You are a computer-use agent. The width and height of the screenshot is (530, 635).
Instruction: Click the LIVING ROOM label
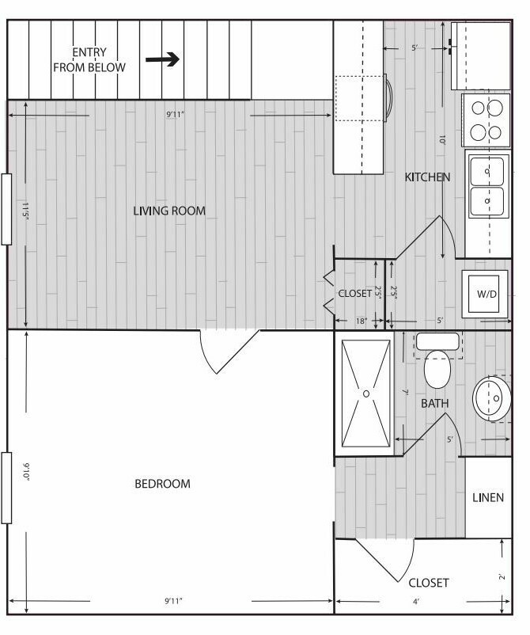[169, 211]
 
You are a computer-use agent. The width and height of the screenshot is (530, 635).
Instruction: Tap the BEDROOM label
[162, 484]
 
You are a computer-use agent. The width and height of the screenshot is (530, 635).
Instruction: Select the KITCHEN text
[427, 177]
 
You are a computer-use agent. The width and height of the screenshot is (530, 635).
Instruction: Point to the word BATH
[434, 403]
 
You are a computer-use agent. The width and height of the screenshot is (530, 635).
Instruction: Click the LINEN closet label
[488, 497]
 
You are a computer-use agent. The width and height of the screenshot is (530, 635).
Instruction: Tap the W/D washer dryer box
[486, 294]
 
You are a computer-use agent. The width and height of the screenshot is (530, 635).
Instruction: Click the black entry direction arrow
[162, 59]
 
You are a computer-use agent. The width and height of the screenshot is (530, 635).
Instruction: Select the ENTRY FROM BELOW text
[89, 59]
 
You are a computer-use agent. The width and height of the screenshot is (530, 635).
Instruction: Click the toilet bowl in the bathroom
[437, 368]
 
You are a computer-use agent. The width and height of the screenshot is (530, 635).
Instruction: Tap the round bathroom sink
[491, 399]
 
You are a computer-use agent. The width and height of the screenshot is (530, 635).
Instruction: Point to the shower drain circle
[366, 394]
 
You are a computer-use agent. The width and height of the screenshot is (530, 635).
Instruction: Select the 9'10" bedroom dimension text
[26, 471]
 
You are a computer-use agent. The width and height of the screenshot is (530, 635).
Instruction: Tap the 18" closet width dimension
[362, 321]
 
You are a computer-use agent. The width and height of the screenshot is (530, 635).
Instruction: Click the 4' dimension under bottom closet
[416, 602]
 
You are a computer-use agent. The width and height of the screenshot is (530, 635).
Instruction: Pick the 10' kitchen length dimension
[442, 139]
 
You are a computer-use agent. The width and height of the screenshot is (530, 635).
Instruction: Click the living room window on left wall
[6, 209]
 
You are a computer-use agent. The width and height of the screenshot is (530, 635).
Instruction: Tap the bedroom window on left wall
[6, 488]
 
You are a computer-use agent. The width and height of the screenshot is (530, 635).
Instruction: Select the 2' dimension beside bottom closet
[502, 576]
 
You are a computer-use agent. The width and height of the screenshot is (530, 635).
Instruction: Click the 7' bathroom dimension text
[405, 392]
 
